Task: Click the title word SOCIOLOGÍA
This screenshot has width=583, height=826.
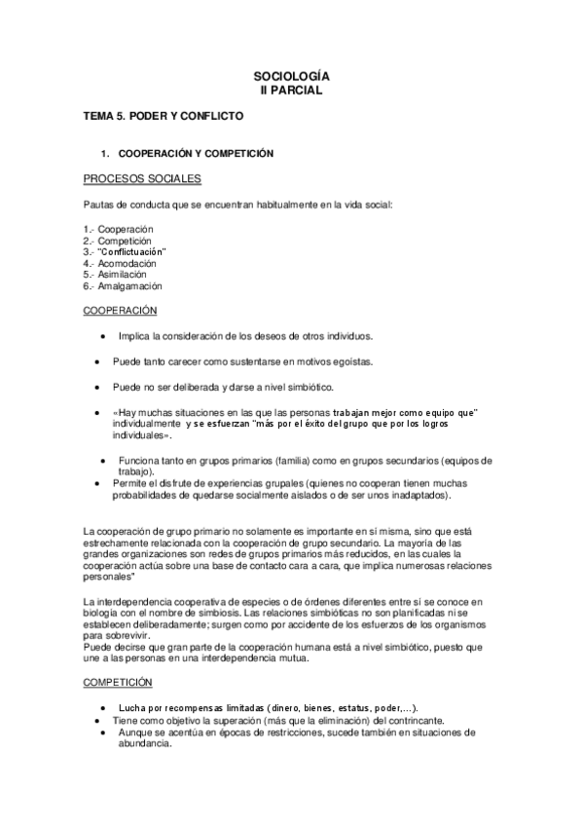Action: point(291,76)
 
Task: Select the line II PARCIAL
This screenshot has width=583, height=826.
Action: point(291,90)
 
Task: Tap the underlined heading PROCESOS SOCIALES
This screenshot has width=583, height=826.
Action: point(142,179)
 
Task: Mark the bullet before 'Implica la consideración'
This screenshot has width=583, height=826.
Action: point(103,337)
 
